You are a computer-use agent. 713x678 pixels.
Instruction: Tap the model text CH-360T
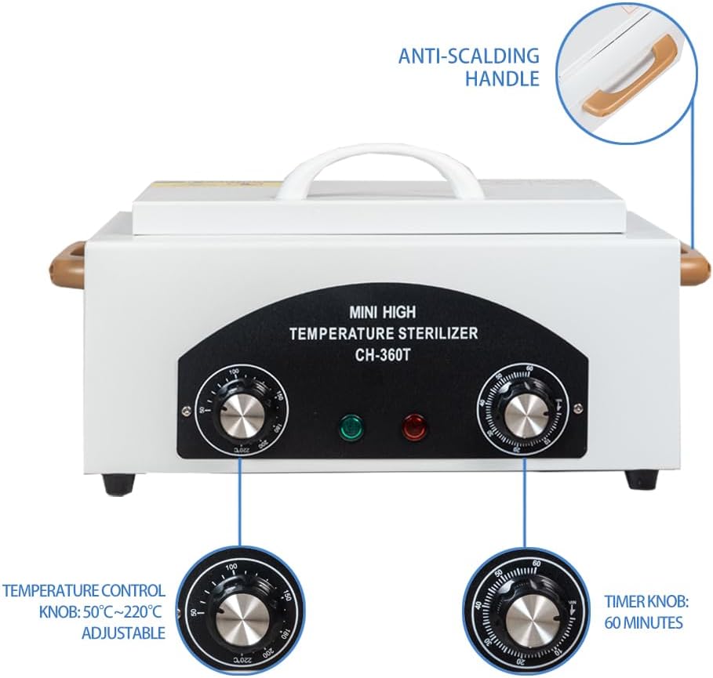point(383,354)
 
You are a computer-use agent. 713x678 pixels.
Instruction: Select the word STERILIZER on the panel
point(438,333)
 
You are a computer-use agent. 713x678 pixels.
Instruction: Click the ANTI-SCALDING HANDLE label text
point(469,67)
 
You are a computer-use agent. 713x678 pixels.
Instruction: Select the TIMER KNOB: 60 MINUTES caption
point(646,612)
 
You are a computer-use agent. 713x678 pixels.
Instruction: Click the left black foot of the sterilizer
point(115,484)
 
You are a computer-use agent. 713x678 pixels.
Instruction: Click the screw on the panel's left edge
point(184,407)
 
